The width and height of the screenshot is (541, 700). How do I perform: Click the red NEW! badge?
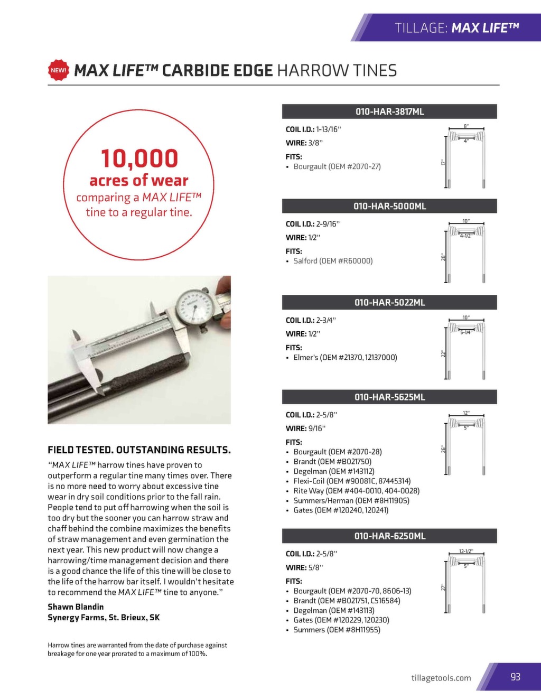(59, 70)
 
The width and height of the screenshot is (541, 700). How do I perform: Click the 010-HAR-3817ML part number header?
(389, 111)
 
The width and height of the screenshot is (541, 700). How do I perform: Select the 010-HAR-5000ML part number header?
(389, 206)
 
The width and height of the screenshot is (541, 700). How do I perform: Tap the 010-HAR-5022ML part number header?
(389, 303)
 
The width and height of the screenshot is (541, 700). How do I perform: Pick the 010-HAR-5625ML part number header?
(389, 397)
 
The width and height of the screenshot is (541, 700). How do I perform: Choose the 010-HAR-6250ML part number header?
(389, 536)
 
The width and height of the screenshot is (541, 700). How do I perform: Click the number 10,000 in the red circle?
(139, 158)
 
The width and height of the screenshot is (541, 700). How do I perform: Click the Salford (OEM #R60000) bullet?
(333, 261)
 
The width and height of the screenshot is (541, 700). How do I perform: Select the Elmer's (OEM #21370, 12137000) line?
(345, 358)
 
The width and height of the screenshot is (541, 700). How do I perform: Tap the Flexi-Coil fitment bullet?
(352, 481)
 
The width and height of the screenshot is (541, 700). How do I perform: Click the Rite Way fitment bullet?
(356, 491)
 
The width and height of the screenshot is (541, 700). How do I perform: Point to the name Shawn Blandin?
(76, 607)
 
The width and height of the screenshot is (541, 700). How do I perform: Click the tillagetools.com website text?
(441, 678)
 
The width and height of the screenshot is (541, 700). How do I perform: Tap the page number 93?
(515, 677)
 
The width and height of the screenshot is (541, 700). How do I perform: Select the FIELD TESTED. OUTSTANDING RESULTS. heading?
(139, 450)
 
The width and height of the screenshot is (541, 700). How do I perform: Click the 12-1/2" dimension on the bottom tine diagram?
(465, 552)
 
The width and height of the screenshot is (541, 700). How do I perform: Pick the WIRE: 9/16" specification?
(305, 428)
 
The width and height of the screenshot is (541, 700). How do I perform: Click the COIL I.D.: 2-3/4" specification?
(311, 320)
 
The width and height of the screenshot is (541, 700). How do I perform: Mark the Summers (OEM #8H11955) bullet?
(337, 630)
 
